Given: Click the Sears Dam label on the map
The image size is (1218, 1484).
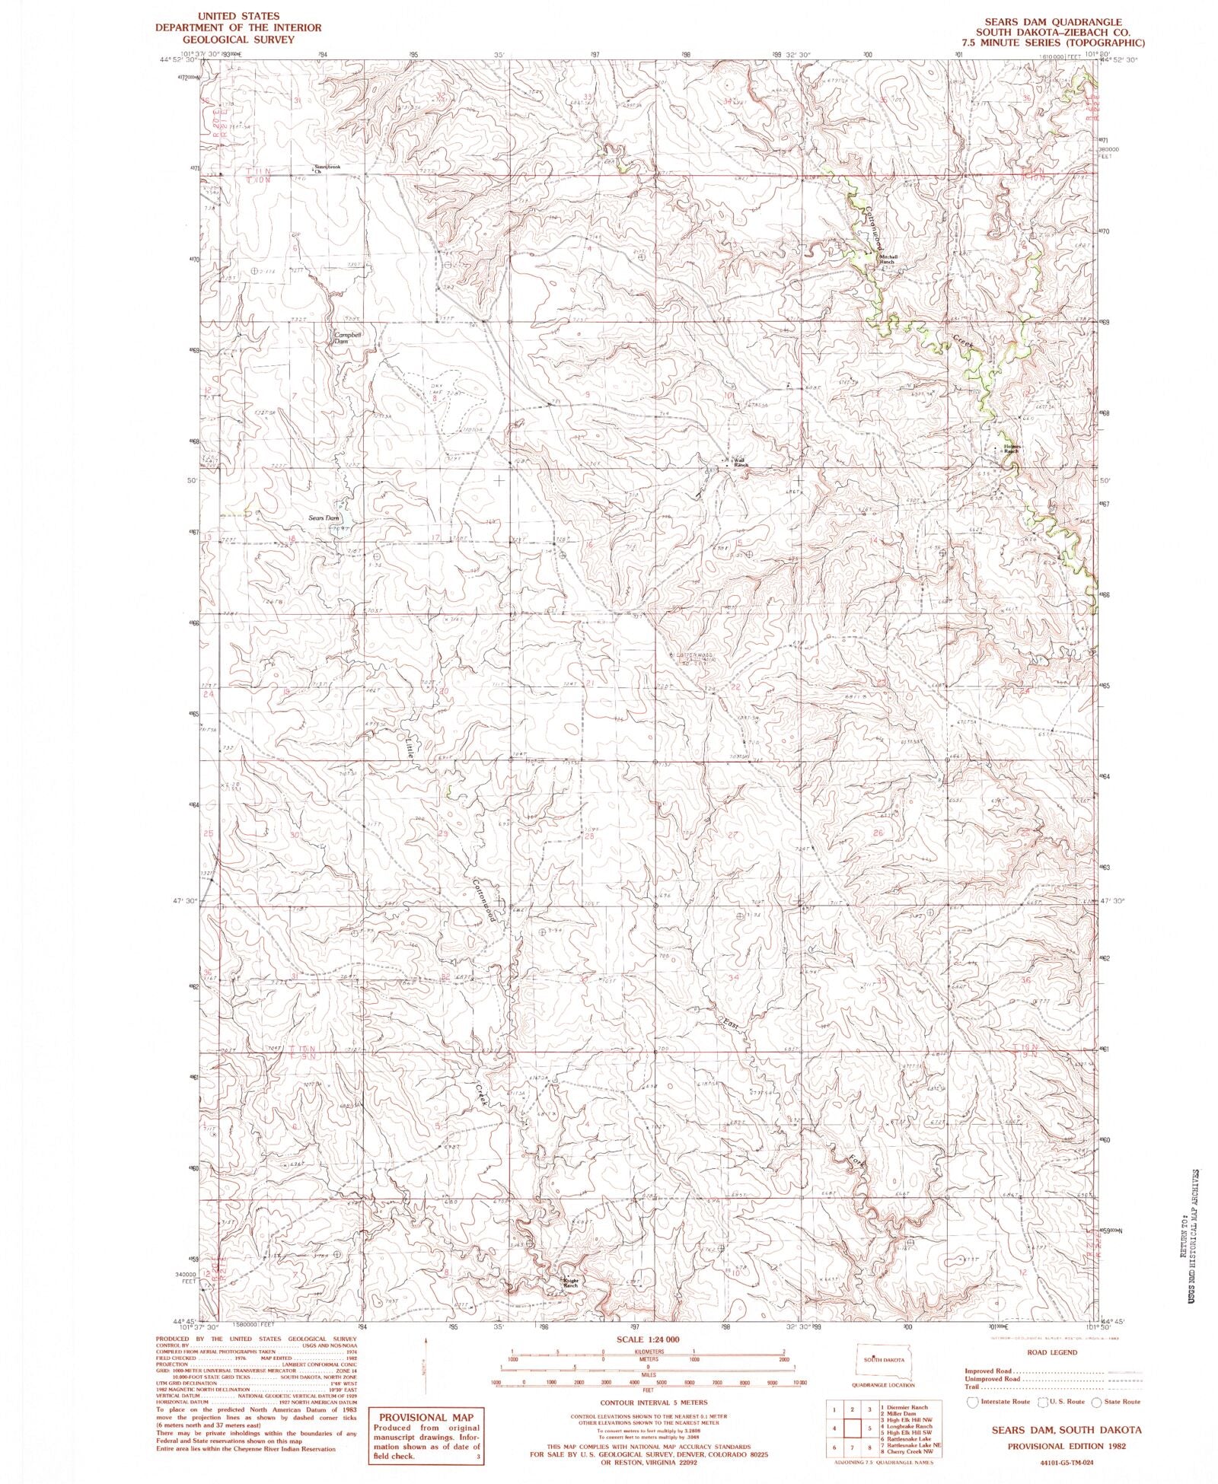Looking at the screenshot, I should point(323,517).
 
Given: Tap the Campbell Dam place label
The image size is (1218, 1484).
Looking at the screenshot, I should point(342,337).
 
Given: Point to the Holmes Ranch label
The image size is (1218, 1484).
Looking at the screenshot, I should point(1011,449).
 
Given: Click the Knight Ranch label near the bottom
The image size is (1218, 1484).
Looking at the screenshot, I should point(571,1282).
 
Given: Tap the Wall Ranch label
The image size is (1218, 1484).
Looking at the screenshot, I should point(740,462).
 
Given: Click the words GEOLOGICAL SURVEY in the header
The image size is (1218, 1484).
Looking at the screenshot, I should point(238,39).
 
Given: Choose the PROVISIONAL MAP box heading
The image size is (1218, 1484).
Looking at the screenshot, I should point(426,1417).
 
